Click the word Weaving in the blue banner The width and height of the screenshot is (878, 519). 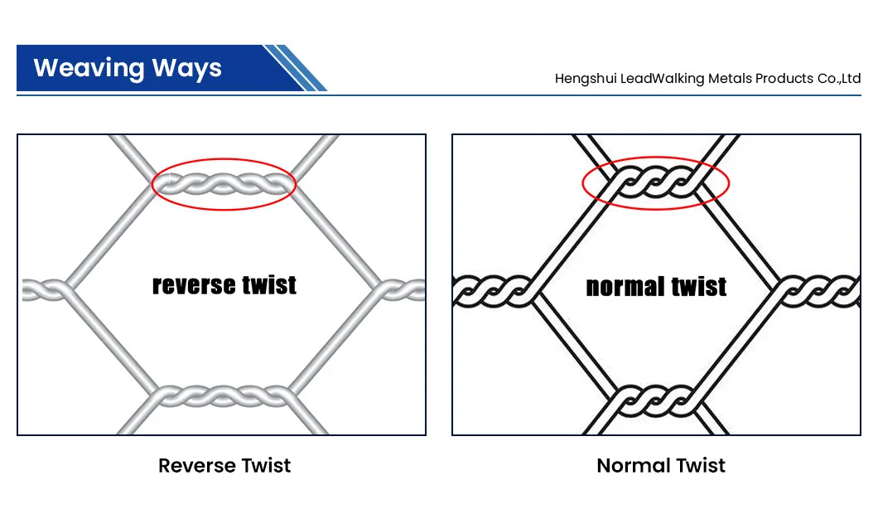click(x=89, y=69)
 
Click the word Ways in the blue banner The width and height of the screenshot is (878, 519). click(x=187, y=69)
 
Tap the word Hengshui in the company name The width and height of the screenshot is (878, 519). click(x=585, y=79)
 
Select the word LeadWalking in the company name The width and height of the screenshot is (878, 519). click(x=662, y=79)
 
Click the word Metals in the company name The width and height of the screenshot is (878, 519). click(x=731, y=79)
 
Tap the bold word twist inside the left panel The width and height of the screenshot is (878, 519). click(x=269, y=284)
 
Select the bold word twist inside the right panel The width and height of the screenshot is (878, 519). click(x=699, y=286)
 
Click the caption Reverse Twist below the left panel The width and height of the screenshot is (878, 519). click(x=224, y=465)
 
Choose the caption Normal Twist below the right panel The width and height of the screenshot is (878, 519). click(x=661, y=465)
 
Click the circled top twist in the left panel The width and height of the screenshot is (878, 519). click(x=224, y=184)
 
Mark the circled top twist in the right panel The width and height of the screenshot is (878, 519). click(x=655, y=182)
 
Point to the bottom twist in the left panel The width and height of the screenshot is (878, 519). click(x=224, y=395)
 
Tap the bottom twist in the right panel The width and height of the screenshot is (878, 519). click(x=655, y=400)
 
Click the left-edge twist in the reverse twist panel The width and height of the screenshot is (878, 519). click(x=46, y=290)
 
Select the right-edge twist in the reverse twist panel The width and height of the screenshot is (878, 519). click(x=402, y=290)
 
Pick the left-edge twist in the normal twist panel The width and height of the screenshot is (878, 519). click(x=493, y=292)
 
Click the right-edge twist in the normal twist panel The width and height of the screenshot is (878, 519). click(x=818, y=292)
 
